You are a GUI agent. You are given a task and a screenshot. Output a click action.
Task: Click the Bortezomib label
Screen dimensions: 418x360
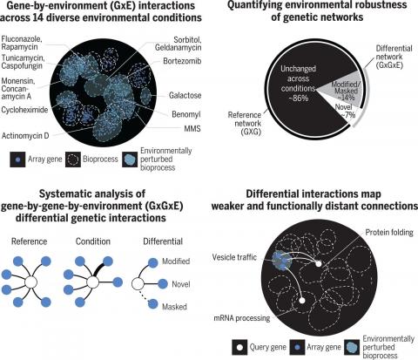click(x=182, y=61)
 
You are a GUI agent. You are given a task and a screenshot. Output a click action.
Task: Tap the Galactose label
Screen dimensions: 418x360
click(x=185, y=95)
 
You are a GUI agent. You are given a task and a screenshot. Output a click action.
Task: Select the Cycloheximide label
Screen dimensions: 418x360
click(x=24, y=110)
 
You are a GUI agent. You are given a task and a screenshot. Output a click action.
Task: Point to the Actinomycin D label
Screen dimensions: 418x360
click(x=25, y=136)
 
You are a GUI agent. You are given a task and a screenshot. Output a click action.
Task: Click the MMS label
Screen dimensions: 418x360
click(x=192, y=128)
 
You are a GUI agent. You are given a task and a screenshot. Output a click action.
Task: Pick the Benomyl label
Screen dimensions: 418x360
click(x=186, y=114)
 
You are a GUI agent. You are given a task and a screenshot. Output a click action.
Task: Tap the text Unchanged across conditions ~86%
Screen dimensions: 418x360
click(x=298, y=84)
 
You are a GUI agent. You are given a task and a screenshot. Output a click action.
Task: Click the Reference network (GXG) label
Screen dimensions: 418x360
click(x=245, y=123)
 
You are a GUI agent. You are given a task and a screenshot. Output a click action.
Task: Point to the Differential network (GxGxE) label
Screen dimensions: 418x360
click(x=394, y=57)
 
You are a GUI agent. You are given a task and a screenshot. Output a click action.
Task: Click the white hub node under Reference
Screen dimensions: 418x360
click(x=30, y=282)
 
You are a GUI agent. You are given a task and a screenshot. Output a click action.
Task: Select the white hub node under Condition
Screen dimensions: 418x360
click(x=92, y=282)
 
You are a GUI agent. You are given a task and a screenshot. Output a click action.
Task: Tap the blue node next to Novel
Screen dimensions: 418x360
click(x=163, y=283)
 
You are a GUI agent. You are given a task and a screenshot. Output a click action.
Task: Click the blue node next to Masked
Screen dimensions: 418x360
click(x=153, y=304)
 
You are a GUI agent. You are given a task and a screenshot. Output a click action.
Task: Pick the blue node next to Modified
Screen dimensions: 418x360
click(x=153, y=262)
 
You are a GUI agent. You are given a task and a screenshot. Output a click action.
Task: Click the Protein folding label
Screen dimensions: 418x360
click(x=389, y=233)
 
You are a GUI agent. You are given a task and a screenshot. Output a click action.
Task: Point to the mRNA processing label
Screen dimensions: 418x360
click(x=242, y=318)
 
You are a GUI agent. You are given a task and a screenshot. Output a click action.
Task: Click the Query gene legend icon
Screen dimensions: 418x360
click(x=239, y=347)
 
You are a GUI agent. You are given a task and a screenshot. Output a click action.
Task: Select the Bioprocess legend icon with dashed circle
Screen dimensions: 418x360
click(x=73, y=160)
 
